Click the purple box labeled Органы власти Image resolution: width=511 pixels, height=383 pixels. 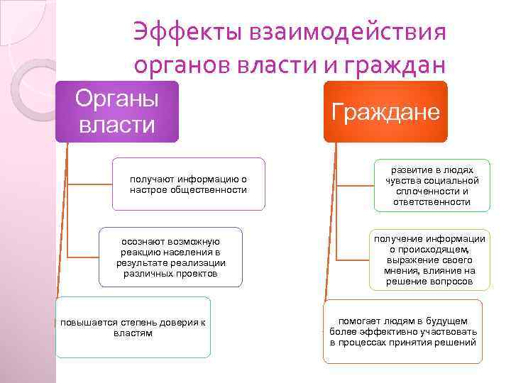[x=117, y=112]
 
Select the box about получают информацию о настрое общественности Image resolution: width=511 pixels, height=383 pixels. [x=188, y=184]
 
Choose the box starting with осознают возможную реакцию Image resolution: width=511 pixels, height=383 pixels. [x=170, y=257]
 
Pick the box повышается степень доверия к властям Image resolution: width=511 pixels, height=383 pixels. [x=133, y=328]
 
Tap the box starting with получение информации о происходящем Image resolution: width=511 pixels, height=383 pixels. [x=429, y=260]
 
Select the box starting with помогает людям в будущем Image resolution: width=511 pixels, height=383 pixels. [x=403, y=331]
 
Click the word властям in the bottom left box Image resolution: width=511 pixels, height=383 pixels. [x=133, y=333]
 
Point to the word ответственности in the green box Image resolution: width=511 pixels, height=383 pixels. [x=432, y=202]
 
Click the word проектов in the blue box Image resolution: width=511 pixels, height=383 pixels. [x=198, y=274]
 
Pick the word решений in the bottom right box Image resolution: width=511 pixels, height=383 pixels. [x=458, y=343]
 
